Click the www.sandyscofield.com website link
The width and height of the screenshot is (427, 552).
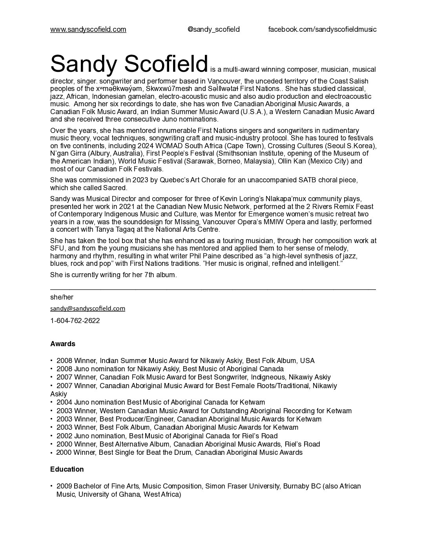click(88, 29)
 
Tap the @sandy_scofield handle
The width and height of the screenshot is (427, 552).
click(213, 29)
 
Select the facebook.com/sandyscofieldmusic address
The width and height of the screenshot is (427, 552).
click(322, 29)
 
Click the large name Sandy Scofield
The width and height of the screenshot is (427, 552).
click(129, 64)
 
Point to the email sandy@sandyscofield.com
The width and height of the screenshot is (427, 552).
click(88, 309)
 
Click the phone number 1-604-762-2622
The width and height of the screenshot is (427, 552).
click(75, 321)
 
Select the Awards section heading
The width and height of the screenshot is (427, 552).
click(62, 344)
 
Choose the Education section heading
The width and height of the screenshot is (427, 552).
click(67, 469)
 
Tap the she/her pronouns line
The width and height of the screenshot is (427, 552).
click(62, 297)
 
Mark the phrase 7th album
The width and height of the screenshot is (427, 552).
click(161, 275)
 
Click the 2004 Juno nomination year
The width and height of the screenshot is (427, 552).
click(64, 402)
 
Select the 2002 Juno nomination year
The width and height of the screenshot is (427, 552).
click(64, 436)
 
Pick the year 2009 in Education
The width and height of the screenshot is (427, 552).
click(64, 486)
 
